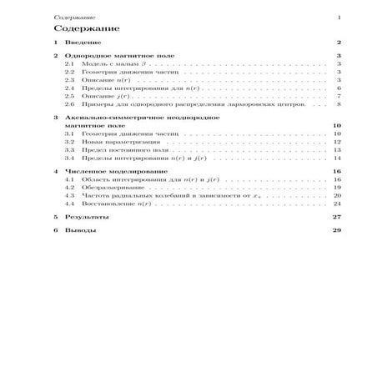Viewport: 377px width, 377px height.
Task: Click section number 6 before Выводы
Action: click(55, 230)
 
